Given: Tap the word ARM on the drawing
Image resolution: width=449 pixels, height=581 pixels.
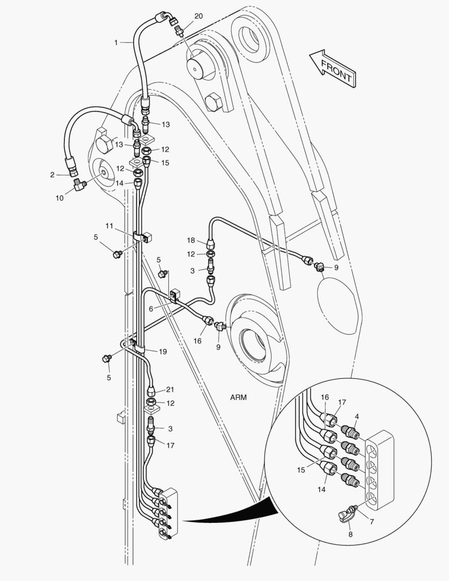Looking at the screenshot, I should tap(239, 398).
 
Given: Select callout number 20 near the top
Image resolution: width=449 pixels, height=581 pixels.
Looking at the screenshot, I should tap(198, 16).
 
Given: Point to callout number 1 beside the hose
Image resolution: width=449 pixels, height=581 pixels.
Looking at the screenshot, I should tap(116, 42).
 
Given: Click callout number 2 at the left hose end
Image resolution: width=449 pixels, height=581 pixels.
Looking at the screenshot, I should tap(52, 174).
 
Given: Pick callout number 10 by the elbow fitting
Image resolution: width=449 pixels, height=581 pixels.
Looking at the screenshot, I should tap(60, 198).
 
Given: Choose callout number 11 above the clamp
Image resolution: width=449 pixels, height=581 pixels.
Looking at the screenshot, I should tap(110, 226).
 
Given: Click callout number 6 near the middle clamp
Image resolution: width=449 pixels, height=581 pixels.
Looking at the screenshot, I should tap(151, 308).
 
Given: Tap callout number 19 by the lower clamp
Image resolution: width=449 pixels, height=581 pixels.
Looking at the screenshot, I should tap(162, 351).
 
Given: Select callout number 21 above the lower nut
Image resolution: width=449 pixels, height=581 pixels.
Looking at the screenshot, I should tap(169, 389).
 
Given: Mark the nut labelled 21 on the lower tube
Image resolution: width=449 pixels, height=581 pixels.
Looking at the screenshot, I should tap(152, 388).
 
